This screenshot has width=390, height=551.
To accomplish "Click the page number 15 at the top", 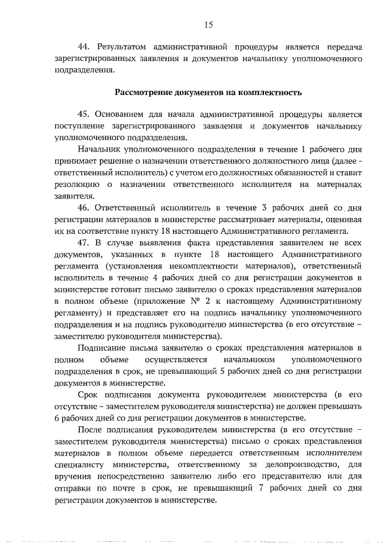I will click(208, 24).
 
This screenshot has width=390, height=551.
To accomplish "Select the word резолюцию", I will click(77, 184).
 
